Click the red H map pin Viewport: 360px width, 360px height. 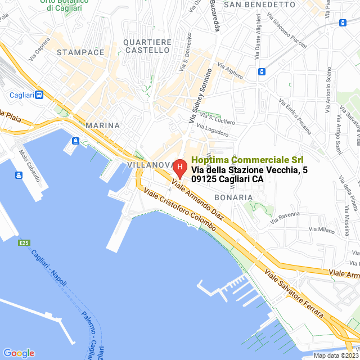point(179,168)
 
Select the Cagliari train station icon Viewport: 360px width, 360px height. point(39,95)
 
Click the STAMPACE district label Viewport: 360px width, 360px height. point(80,52)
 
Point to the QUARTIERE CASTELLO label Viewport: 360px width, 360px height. point(147,46)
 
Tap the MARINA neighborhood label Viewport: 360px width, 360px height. point(102,125)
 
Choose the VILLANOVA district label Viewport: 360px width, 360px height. point(150,165)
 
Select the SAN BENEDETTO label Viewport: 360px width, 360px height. point(259,4)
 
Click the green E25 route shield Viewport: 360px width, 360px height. point(24,243)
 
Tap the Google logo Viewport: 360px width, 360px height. point(19,353)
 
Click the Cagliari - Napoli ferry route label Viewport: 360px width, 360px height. point(48,270)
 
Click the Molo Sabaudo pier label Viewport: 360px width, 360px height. point(30,165)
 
